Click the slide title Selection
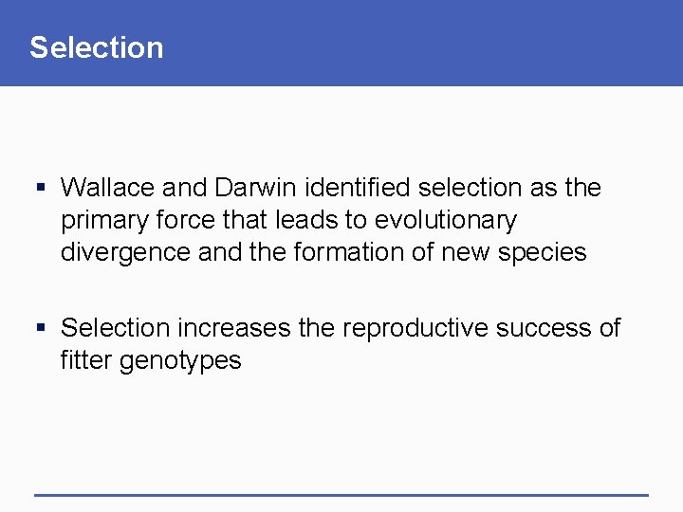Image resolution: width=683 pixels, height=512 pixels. point(96,47)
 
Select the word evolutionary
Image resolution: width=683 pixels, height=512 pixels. point(446,221)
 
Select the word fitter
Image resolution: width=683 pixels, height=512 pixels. point(86,360)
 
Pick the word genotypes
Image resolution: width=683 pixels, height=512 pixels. point(181,361)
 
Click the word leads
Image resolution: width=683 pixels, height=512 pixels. point(306,220)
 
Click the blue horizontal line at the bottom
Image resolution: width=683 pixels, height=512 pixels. point(341,495)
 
